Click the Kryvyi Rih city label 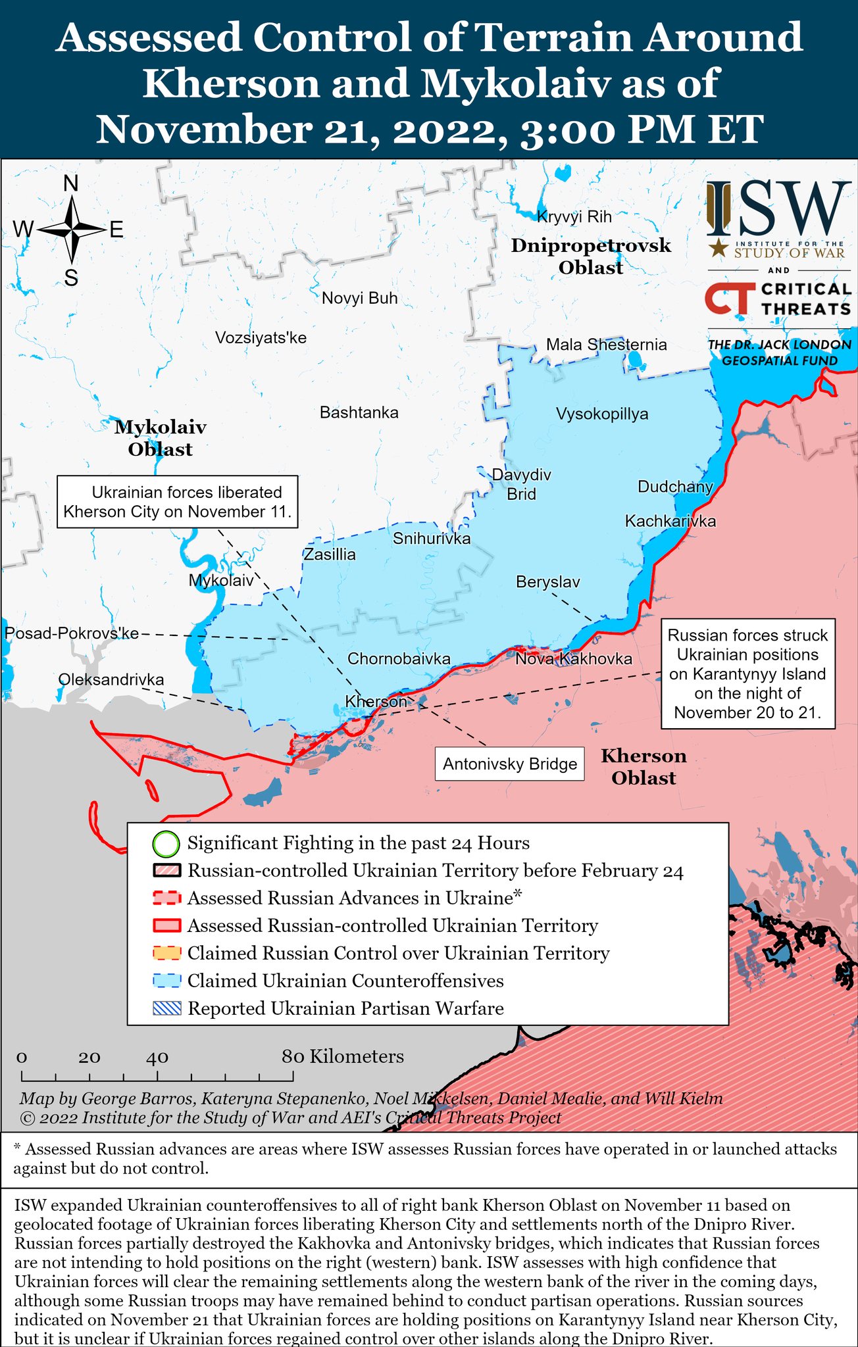[x=574, y=217]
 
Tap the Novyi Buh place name [x=360, y=299]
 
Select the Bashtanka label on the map [x=359, y=413]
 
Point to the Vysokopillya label [x=602, y=414]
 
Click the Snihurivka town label [x=432, y=539]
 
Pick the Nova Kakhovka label [x=574, y=659]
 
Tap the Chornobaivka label [x=399, y=659]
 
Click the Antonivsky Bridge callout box [x=510, y=764]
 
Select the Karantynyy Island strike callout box [x=747, y=674]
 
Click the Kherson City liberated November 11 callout [x=177, y=502]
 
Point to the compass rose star [x=72, y=230]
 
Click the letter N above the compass [x=71, y=184]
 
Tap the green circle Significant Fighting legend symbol [x=166, y=844]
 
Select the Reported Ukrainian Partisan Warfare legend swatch [x=166, y=1009]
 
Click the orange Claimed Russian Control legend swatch [x=166, y=954]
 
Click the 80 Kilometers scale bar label [x=343, y=1057]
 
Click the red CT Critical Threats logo [x=729, y=299]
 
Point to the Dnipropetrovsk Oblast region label [x=591, y=257]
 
